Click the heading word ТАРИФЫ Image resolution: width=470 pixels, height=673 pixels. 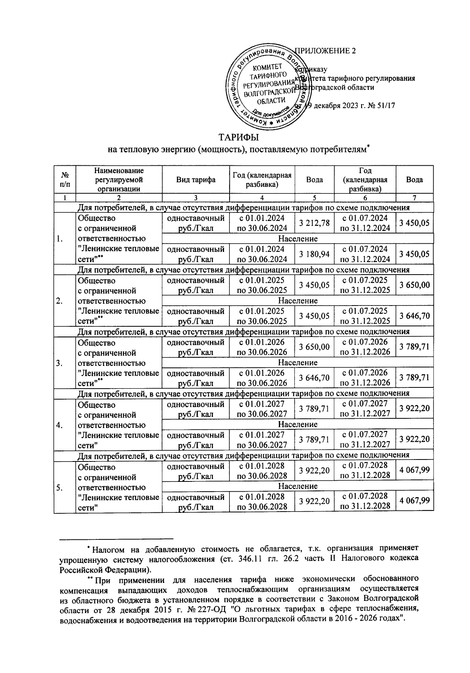click(239, 137)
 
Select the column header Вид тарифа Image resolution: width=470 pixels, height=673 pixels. click(195, 180)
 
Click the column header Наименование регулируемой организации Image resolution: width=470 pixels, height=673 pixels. click(119, 180)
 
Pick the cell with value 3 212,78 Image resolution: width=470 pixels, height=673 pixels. click(314, 223)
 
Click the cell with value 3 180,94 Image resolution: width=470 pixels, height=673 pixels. click(314, 254)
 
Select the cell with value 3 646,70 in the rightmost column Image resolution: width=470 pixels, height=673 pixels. click(414, 316)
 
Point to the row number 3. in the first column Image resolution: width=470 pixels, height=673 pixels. click(59, 363)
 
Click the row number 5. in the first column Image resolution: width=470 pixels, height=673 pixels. click(59, 487)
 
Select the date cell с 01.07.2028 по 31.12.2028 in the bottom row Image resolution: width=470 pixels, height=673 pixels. click(365, 501)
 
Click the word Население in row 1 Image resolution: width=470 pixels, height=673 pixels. click(298, 239)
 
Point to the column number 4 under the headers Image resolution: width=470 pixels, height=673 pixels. click(261, 198)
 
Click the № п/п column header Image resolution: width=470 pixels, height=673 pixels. click(65, 180)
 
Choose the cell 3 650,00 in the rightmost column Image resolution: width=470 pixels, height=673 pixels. click(414, 285)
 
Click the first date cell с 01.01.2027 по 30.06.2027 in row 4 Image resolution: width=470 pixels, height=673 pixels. click(261, 408)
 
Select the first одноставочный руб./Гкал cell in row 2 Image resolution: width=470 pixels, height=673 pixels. click(195, 285)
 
